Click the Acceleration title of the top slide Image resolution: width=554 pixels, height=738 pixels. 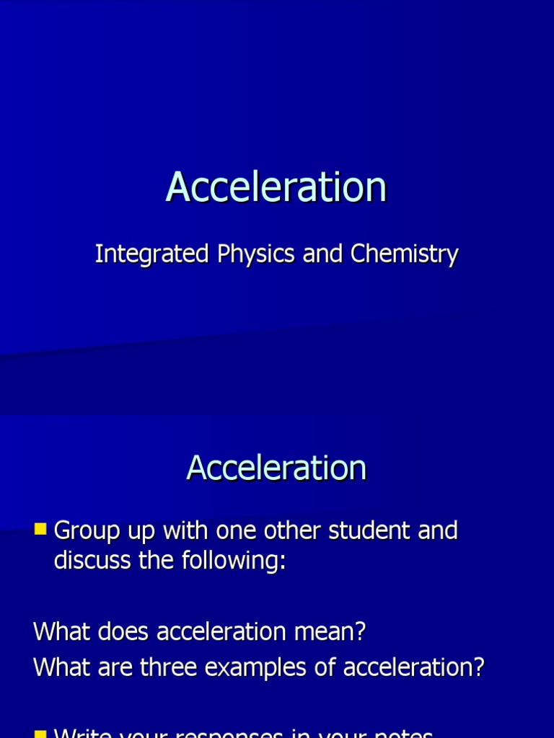click(276, 187)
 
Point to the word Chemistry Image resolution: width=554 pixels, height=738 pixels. click(405, 254)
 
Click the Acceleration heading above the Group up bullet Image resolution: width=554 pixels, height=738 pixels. click(276, 468)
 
